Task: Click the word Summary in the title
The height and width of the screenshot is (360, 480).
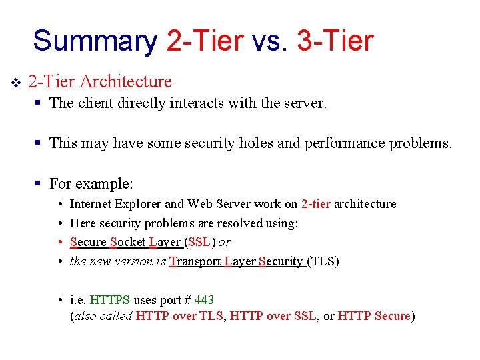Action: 95,41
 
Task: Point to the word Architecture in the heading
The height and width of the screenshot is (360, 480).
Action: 125,82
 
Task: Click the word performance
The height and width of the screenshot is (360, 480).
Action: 342,143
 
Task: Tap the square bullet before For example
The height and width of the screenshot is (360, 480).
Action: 39,183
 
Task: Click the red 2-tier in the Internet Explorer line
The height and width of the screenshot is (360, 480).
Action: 315,204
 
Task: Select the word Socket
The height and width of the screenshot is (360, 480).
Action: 127,242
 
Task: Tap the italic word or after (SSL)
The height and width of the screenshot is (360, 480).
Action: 225,242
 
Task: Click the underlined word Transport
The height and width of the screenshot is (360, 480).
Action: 195,261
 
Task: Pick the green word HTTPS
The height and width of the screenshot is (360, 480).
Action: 110,300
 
